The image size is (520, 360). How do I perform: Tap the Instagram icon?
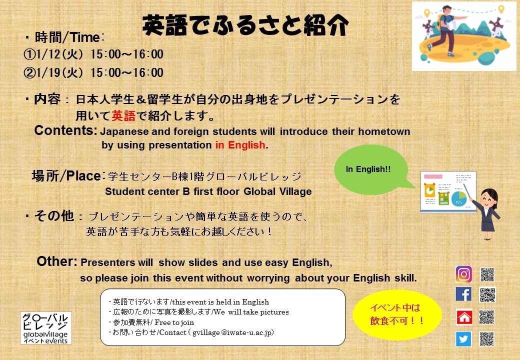pyautogui.click(x=463, y=274)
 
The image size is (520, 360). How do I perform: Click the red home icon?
pyautogui.click(x=464, y=317)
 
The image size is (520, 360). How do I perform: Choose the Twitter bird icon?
pyautogui.click(x=463, y=339)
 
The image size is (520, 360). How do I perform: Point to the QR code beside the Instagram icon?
pyautogui.click(x=487, y=274)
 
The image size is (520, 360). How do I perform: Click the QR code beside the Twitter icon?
pyautogui.click(x=486, y=339)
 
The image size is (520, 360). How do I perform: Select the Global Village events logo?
pyautogui.click(x=45, y=328)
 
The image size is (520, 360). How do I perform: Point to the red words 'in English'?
pyautogui.click(x=240, y=145)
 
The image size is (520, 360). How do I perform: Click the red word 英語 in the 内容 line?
pyautogui.click(x=123, y=116)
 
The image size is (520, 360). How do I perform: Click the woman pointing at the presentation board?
pyautogui.click(x=485, y=212)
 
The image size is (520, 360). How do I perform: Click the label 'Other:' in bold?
pyautogui.click(x=57, y=262)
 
